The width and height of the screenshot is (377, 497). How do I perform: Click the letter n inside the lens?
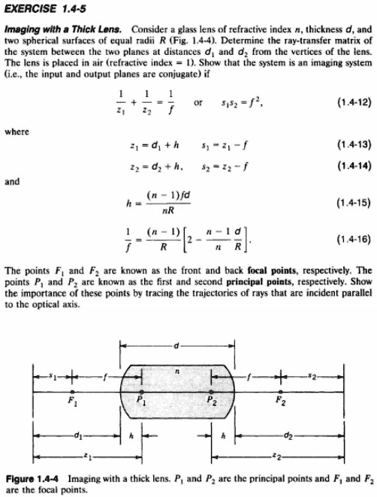(x=178, y=371)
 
